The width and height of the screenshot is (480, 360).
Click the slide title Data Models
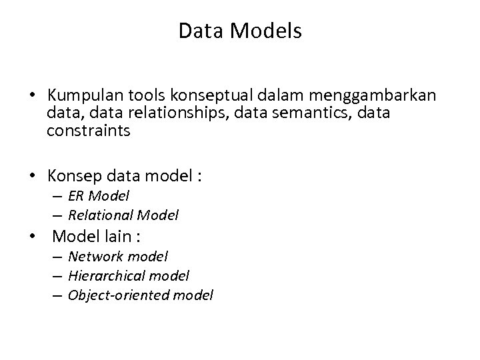coord(240,31)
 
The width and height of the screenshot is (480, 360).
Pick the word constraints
coord(89,131)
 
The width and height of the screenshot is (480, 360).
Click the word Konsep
coord(72,177)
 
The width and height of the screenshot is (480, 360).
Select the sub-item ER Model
coord(99,196)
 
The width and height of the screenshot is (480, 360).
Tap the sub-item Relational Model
coord(123,215)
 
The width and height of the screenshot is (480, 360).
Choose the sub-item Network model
coord(118,256)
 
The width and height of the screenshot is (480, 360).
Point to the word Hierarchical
coord(109,275)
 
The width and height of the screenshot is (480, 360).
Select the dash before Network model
coord(59,257)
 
